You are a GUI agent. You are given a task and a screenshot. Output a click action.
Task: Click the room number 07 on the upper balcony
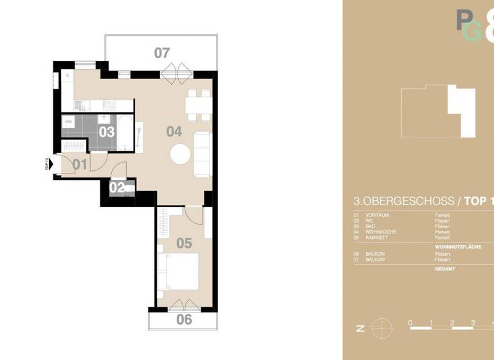coord(161,53)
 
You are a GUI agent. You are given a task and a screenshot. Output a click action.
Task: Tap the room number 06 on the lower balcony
coord(184,319)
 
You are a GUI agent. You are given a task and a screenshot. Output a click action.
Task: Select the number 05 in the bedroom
coord(184,244)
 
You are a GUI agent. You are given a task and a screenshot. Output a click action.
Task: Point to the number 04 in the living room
coord(174,132)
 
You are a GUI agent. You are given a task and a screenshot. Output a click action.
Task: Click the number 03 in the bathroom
coord(107,132)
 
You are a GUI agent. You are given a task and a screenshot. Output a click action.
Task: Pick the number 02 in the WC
coord(117,188)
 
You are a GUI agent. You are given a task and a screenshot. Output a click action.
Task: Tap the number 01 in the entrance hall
coord(80,165)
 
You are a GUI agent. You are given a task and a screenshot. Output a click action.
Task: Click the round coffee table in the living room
coord(179,154)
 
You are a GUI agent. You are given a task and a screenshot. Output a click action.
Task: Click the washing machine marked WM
coord(68,120)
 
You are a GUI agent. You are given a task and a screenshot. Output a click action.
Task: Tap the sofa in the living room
coord(202,154)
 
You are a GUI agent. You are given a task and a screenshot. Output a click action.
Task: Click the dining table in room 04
coord(198,105)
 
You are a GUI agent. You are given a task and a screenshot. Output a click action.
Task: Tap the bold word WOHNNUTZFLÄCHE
coord(458,246)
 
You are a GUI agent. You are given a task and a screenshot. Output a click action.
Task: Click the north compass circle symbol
coord(380,327)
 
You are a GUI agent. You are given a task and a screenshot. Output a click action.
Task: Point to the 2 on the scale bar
coord(452,322)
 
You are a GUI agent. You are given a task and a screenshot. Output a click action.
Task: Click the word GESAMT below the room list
coord(445,269)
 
